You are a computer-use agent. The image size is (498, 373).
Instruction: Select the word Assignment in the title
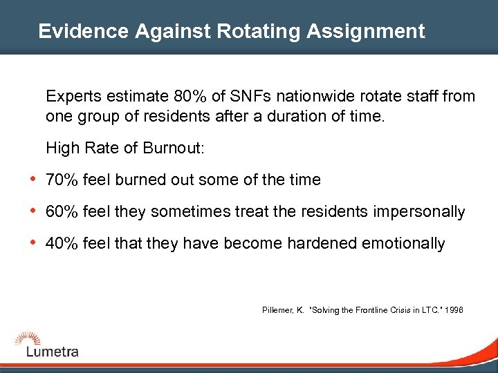pyautogui.click(x=369, y=31)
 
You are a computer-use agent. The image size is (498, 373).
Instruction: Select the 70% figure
pyautogui.click(x=60, y=180)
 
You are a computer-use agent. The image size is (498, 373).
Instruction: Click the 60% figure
pyautogui.click(x=60, y=212)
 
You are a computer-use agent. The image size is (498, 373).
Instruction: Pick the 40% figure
pyautogui.click(x=60, y=244)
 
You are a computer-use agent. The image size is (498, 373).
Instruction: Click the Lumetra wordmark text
pyautogui.click(x=53, y=352)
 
